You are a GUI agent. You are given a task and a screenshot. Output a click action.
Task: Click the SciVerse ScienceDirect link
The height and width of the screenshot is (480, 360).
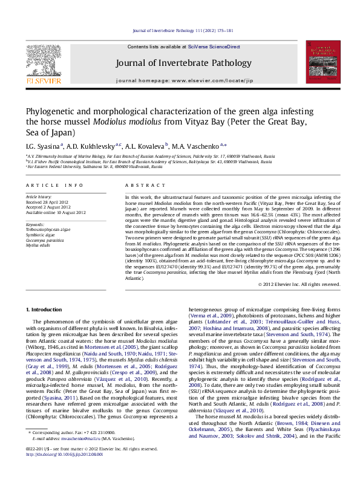[214, 47]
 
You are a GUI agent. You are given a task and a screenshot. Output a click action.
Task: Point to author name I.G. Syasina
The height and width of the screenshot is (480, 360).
[43, 146]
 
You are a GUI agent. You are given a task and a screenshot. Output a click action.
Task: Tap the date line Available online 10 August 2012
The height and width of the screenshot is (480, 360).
[56, 212]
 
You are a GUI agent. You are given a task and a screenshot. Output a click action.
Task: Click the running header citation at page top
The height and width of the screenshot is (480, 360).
[180, 30]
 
